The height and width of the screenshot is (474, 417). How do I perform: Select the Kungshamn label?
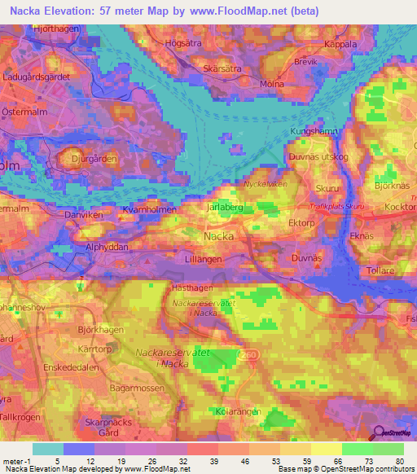[313, 130]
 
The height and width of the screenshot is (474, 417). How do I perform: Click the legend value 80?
[399, 461]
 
